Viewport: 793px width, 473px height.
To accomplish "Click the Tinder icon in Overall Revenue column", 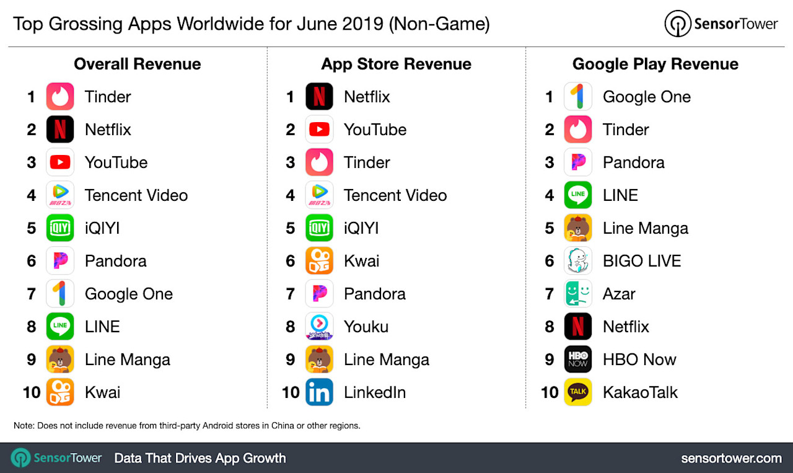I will pos(60,97).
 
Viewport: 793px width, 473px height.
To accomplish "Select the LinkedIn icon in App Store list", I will pos(319,392).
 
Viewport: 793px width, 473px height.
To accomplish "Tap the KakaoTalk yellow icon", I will pos(578,392).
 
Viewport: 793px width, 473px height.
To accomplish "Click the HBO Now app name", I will pos(639,360).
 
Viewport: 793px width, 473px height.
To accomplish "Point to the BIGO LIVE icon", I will pos(578,261).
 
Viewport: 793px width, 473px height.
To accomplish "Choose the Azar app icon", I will pos(578,294).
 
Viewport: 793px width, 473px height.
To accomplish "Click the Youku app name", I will pos(366,327).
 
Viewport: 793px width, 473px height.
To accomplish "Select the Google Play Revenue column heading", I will pos(655,64).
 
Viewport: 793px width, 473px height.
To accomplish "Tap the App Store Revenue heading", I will pos(396,64).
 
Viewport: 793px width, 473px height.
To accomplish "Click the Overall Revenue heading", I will pos(137,64).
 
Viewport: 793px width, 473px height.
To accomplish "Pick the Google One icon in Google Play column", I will pos(578,97).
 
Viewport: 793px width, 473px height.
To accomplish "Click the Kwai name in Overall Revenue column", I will pos(103,392).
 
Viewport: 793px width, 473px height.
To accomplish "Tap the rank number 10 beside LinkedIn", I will pos(291,392).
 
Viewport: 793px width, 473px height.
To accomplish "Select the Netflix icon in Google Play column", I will pos(578,327).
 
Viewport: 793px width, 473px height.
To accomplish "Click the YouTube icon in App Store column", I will pos(319,130).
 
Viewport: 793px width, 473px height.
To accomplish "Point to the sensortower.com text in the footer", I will pos(731,458).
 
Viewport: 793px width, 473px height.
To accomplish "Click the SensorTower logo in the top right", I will pos(721,24).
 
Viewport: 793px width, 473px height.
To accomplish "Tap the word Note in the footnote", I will pos(24,426).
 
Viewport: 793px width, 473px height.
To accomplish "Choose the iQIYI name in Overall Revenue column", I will pos(102,228).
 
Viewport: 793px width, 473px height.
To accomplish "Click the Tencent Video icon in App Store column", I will pos(319,195).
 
